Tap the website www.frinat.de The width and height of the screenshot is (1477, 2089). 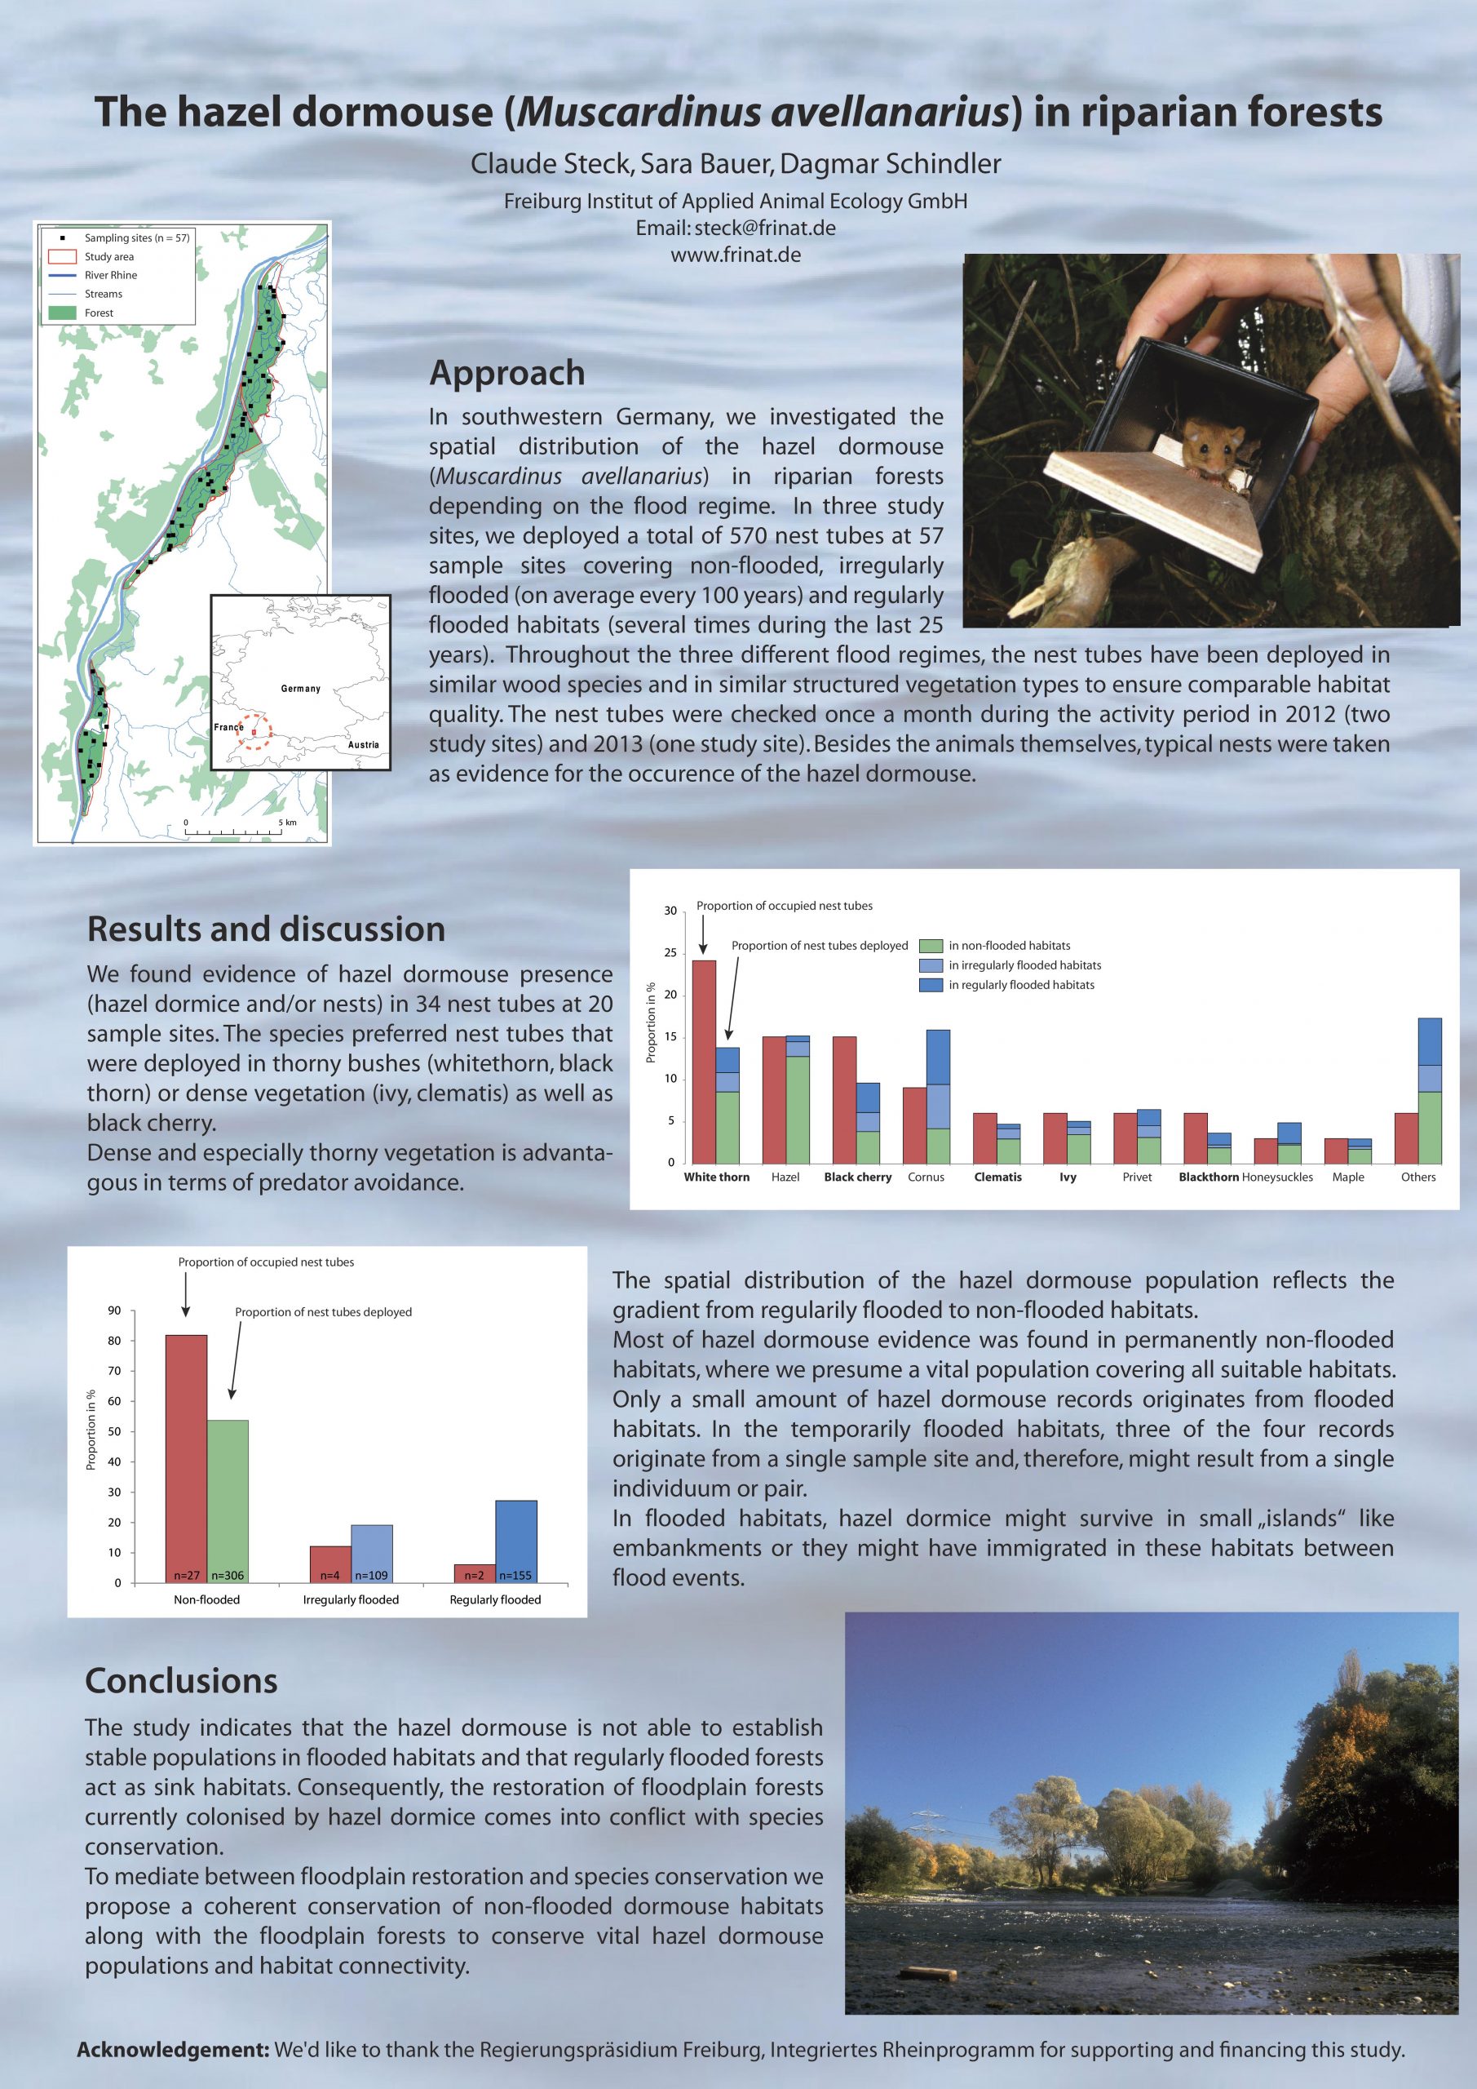point(736,255)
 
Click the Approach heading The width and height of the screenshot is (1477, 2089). point(506,373)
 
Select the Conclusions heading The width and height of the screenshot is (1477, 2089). point(181,1680)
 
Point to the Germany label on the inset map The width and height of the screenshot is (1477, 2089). point(300,689)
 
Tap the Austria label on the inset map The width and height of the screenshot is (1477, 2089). point(363,744)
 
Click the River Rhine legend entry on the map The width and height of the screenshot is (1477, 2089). point(110,275)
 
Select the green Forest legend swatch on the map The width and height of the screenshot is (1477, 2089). point(62,312)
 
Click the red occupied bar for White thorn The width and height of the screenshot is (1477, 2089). point(704,1061)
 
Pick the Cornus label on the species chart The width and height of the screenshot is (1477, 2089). point(926,1178)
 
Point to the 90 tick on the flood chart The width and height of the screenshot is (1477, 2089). point(115,1311)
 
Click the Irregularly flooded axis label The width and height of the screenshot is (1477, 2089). point(350,1599)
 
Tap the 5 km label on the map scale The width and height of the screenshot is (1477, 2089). point(287,823)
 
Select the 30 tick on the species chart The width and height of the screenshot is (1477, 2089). point(670,911)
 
